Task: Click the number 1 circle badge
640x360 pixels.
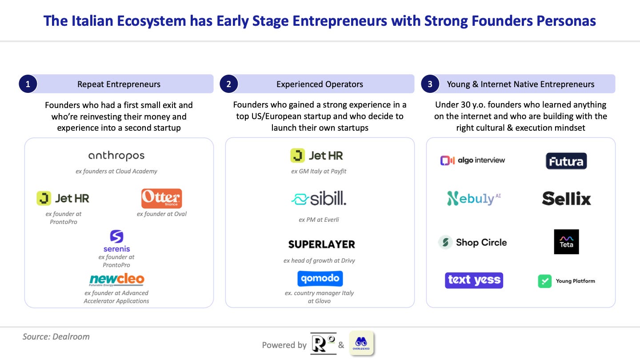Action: pyautogui.click(x=28, y=84)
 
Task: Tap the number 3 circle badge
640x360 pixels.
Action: pyautogui.click(x=430, y=84)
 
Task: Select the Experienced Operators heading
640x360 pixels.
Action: pyautogui.click(x=320, y=84)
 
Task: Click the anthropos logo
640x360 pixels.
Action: pyautogui.click(x=116, y=156)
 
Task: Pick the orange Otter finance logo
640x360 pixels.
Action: pyautogui.click(x=161, y=198)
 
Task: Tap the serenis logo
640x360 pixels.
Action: pyautogui.click(x=116, y=241)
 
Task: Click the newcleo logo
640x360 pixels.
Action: pyautogui.click(x=116, y=280)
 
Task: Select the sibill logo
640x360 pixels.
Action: pyautogui.click(x=319, y=199)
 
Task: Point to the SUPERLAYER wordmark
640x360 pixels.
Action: pyautogui.click(x=321, y=244)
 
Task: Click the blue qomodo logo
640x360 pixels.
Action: pyautogui.click(x=320, y=278)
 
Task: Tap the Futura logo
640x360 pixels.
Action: pyautogui.click(x=566, y=161)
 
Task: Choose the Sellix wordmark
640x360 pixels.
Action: pyautogui.click(x=566, y=199)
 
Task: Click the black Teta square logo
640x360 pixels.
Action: pyautogui.click(x=566, y=242)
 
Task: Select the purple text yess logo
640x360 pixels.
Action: pyautogui.click(x=474, y=280)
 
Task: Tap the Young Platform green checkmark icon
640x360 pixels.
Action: pyautogui.click(x=544, y=281)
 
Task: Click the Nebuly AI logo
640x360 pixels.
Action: pyautogui.click(x=474, y=199)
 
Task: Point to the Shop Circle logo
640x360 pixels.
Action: pyautogui.click(x=472, y=242)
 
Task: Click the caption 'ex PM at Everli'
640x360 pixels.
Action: pyautogui.click(x=319, y=220)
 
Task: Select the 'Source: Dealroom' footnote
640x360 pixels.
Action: pyautogui.click(x=56, y=336)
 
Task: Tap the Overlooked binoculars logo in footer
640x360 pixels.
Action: pyautogui.click(x=361, y=344)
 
